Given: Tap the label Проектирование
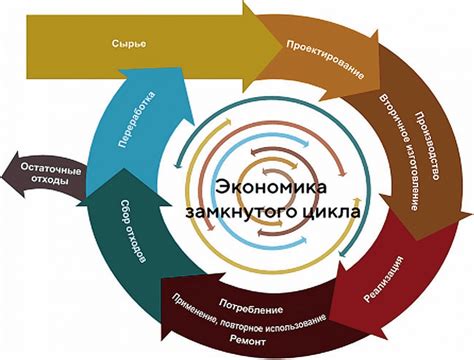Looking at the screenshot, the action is point(325,61).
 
